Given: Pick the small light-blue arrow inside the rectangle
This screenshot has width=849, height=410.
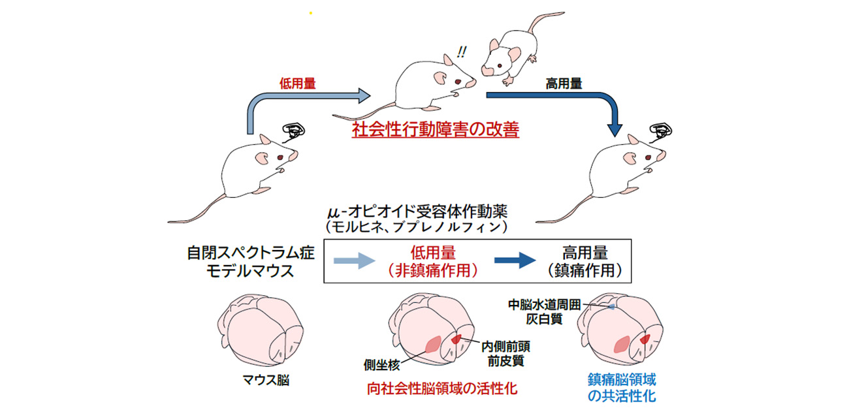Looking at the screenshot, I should [353, 261].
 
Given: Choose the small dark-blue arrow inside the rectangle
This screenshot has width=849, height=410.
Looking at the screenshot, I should [515, 261].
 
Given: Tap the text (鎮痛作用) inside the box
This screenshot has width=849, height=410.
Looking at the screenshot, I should [583, 270].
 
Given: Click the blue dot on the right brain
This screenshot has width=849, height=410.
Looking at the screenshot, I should [612, 306].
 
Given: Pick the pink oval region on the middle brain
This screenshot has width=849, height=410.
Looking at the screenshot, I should [432, 344].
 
